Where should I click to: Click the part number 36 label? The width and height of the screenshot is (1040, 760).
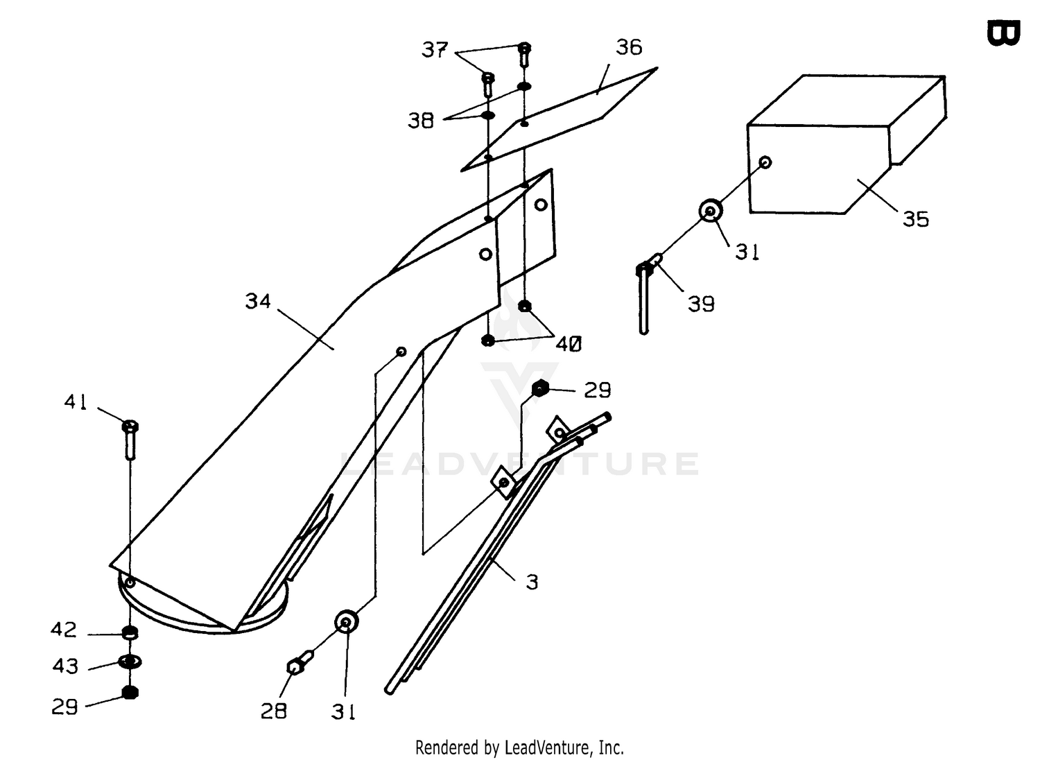coord(629,47)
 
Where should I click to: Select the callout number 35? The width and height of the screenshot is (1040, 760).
coord(916,218)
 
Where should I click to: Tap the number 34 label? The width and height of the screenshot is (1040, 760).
coord(258,302)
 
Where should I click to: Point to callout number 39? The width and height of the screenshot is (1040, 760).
coord(700,304)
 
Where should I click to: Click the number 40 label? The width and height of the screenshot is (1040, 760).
coord(569,344)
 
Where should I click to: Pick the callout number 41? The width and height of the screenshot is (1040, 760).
coord(76,401)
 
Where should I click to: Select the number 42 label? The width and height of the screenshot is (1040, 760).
coord(64,630)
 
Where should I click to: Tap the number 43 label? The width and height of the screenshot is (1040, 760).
coord(65,666)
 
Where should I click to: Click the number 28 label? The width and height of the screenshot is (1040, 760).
coord(273,711)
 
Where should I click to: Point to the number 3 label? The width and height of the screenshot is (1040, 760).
coord(532,582)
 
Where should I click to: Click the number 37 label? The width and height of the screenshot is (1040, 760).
coord(435,50)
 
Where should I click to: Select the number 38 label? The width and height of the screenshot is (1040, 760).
coord(421,120)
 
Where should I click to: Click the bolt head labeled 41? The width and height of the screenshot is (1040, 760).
coord(130,425)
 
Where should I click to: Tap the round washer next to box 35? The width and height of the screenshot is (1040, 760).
coord(711,211)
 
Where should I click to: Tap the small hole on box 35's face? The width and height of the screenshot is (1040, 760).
coord(765,162)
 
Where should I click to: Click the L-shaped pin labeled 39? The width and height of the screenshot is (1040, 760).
coord(646,293)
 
